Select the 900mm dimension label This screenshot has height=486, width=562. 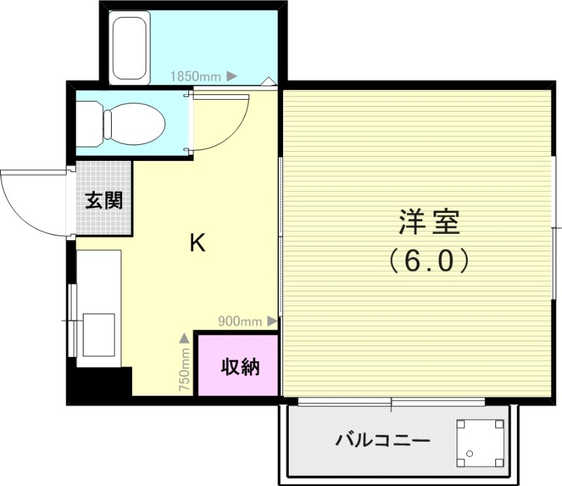(x=239, y=322)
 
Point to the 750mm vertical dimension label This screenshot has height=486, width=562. (x=184, y=369)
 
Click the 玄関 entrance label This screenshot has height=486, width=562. (x=104, y=201)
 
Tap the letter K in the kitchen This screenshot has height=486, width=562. (x=197, y=243)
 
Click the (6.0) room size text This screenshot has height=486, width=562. (x=429, y=261)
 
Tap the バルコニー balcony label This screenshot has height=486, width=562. (x=382, y=442)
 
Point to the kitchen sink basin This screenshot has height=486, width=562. (x=98, y=335)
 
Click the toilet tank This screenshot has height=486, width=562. (x=87, y=122)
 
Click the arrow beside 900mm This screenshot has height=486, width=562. (x=273, y=322)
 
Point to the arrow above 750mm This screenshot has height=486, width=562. (x=184, y=339)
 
